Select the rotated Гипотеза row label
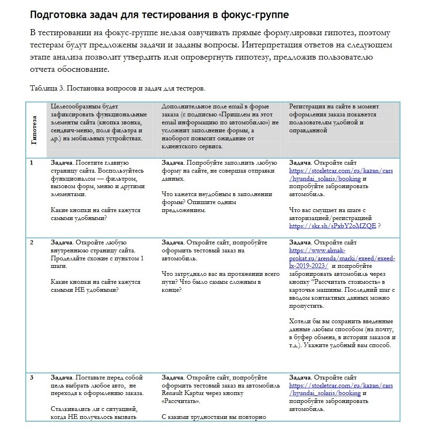click(34, 130)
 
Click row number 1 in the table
click(31, 163)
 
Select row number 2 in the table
click(31, 243)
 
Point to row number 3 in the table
click(31, 378)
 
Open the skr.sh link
click(333, 226)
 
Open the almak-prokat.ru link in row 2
click(342, 258)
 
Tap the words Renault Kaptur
click(185, 393)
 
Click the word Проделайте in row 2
click(68, 258)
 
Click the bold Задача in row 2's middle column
click(173, 243)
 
